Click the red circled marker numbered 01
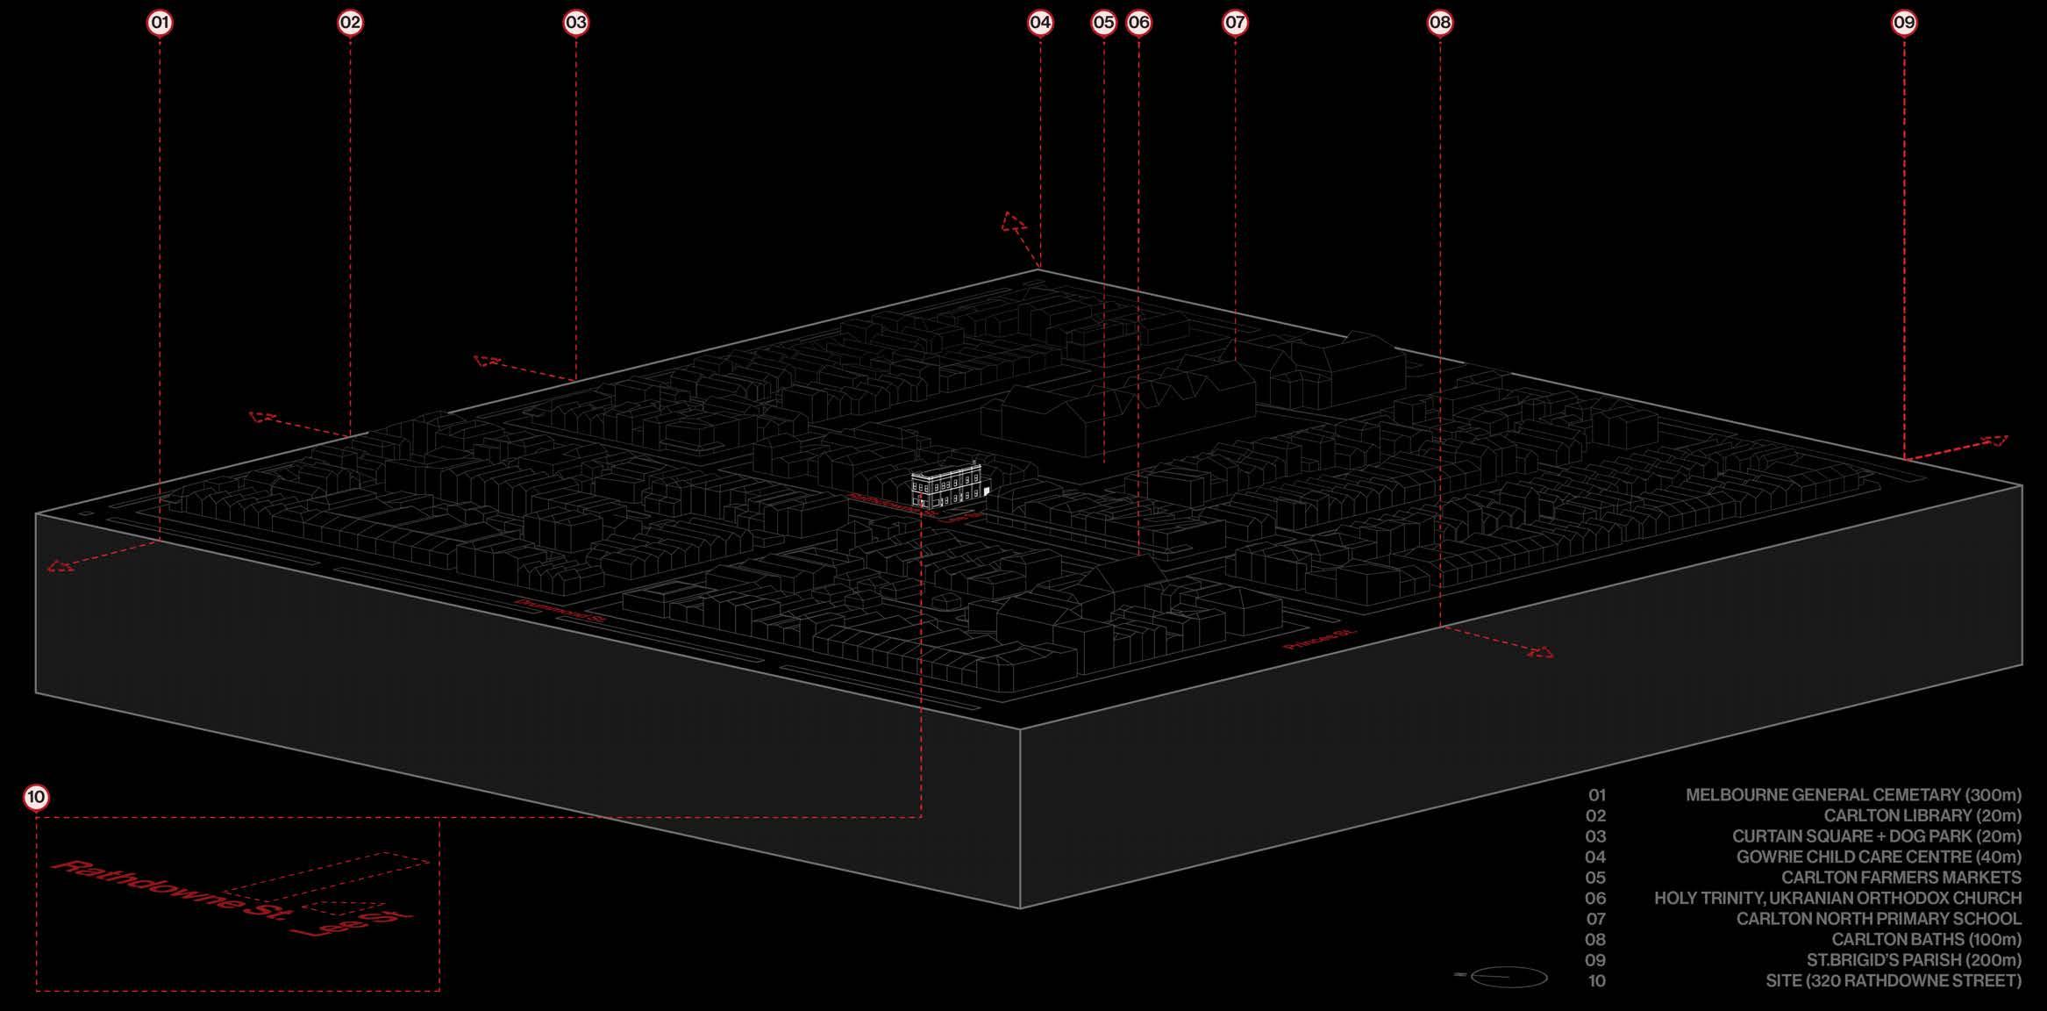pyautogui.click(x=160, y=23)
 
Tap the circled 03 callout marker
pyautogui.click(x=575, y=23)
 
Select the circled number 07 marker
pyautogui.click(x=1235, y=23)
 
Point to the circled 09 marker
pyautogui.click(x=1904, y=23)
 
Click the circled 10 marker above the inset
pyautogui.click(x=36, y=798)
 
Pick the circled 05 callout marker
pyautogui.click(x=1103, y=23)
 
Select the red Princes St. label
pyautogui.click(x=1320, y=640)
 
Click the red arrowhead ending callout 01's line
pyautogui.click(x=60, y=566)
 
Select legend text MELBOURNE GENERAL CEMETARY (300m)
pyautogui.click(x=1852, y=795)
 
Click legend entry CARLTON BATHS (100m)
pyautogui.click(x=1926, y=940)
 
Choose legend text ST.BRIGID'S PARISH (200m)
pyautogui.click(x=1914, y=960)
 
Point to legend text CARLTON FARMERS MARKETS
pyautogui.click(x=1901, y=878)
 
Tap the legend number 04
pyautogui.click(x=1595, y=857)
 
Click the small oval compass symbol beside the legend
pyautogui.click(x=1509, y=976)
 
